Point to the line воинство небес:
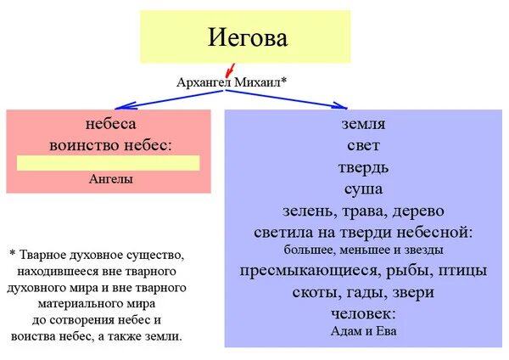[x=111, y=143]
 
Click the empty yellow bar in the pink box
[x=109, y=163]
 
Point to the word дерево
[x=412, y=210]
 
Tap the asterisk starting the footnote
[x=13, y=254]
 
